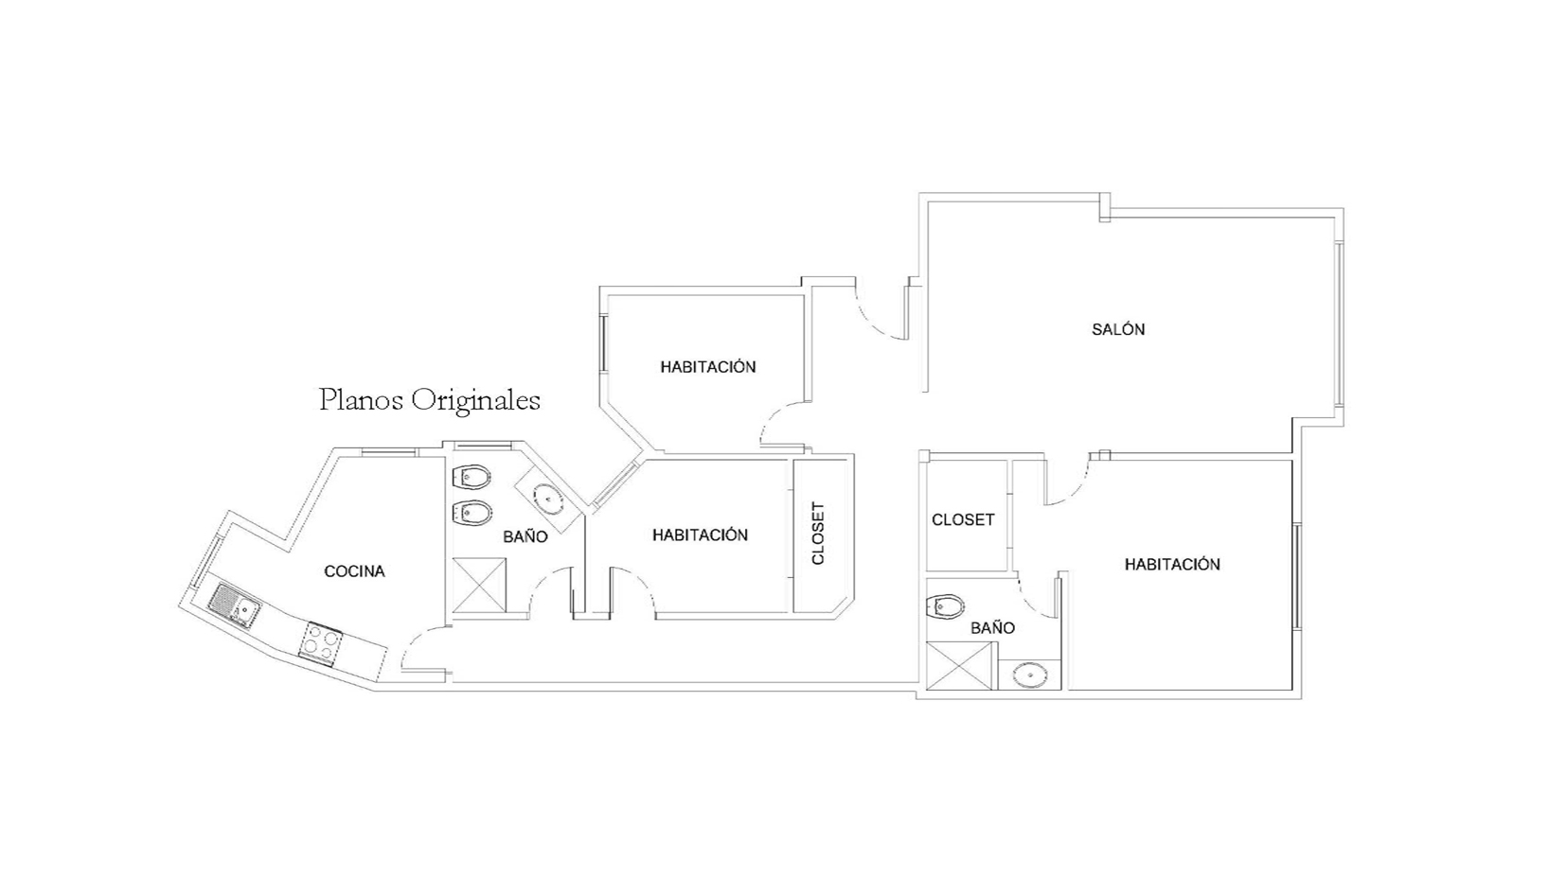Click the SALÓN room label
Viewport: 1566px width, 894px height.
point(1118,329)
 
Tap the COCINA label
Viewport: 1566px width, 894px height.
point(354,571)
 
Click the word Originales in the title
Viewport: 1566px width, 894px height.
point(475,401)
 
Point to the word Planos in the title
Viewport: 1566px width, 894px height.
point(361,400)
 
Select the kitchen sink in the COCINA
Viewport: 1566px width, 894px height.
point(236,605)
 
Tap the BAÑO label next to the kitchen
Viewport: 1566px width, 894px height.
point(525,536)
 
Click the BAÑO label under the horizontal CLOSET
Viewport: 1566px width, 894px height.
point(993,628)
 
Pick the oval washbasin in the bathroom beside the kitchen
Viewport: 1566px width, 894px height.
point(549,498)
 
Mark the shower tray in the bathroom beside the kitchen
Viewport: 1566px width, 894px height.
point(480,586)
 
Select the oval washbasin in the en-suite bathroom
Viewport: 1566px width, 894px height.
point(1030,675)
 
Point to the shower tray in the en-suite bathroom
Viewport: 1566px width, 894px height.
point(959,666)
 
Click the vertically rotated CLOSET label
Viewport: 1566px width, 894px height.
point(818,534)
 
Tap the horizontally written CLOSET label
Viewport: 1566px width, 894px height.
point(963,519)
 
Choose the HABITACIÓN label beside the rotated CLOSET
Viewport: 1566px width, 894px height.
point(700,535)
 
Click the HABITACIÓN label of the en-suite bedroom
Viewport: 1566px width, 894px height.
point(1172,565)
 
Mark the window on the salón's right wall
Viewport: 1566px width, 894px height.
point(1338,324)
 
